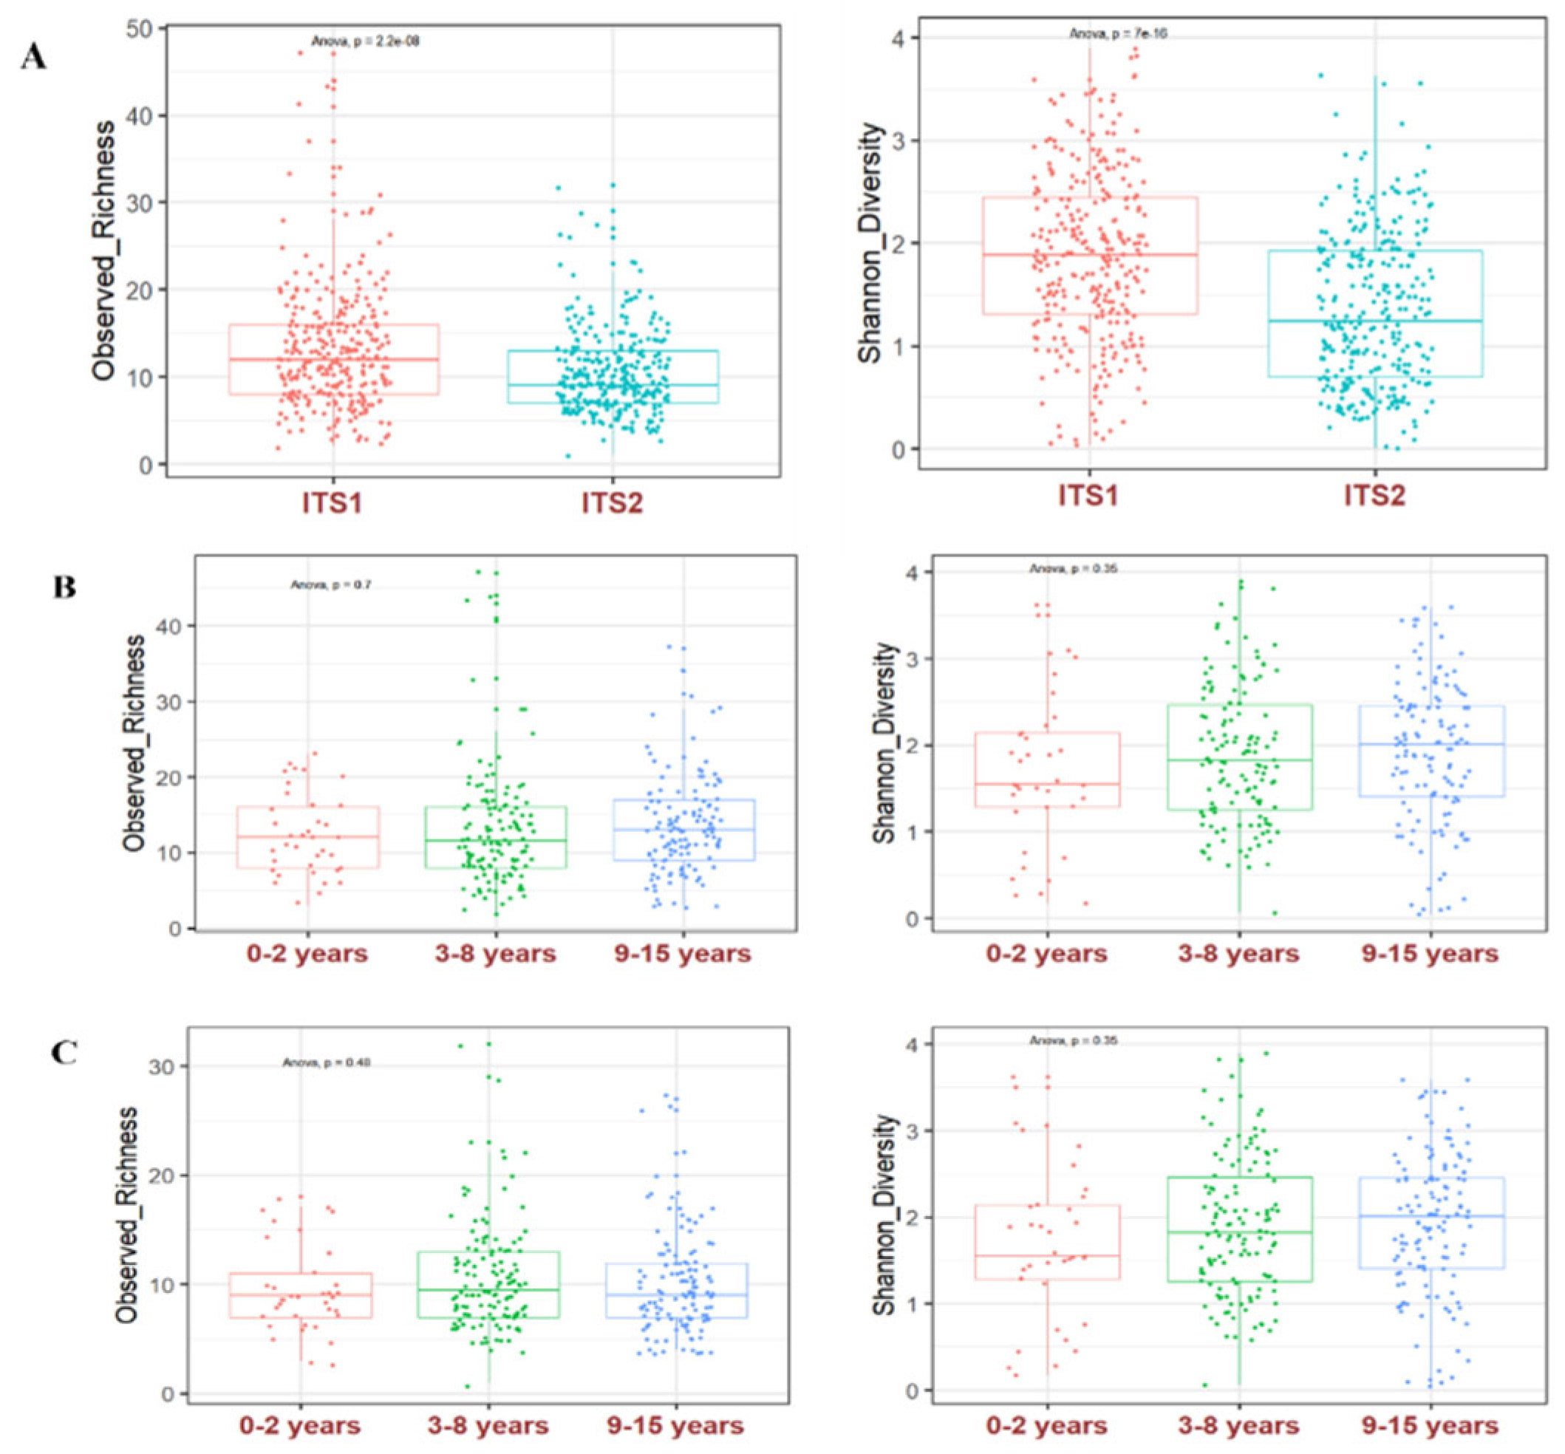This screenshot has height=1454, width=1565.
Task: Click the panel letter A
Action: point(33,59)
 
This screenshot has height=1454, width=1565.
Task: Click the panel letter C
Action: point(64,1054)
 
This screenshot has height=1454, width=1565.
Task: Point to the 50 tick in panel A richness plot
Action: point(146,29)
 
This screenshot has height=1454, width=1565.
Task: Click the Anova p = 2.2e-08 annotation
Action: point(365,41)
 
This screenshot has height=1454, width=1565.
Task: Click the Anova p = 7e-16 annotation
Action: point(1117,34)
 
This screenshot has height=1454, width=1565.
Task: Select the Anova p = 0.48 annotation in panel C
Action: point(327,1063)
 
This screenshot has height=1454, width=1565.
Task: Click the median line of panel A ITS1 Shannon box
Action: point(1090,254)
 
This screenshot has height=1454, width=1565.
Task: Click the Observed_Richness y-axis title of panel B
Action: point(134,743)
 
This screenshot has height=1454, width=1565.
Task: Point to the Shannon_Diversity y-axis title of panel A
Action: point(870,245)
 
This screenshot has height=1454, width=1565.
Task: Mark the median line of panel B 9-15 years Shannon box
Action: point(1431,743)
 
